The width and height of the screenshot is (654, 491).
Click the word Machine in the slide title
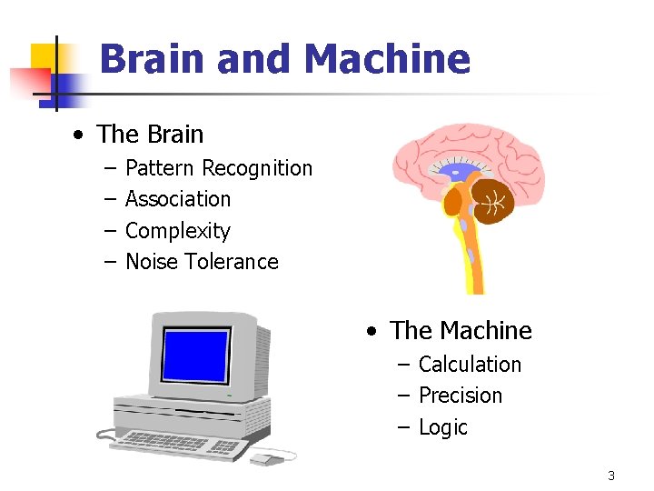[388, 60]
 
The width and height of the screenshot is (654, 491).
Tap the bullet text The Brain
[150, 135]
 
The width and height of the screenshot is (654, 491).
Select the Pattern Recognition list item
[218, 168]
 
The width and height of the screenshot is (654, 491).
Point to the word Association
[178, 199]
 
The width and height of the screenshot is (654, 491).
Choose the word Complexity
[178, 231]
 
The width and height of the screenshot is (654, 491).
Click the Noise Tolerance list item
[202, 262]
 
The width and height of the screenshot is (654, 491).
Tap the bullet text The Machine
[461, 330]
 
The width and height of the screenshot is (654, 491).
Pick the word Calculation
[470, 365]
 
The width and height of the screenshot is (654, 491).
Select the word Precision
[461, 396]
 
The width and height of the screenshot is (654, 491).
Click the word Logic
[443, 427]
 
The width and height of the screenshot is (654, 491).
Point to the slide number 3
[611, 476]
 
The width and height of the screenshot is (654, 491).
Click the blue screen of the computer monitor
[195, 356]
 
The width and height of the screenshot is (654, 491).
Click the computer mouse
[265, 459]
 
